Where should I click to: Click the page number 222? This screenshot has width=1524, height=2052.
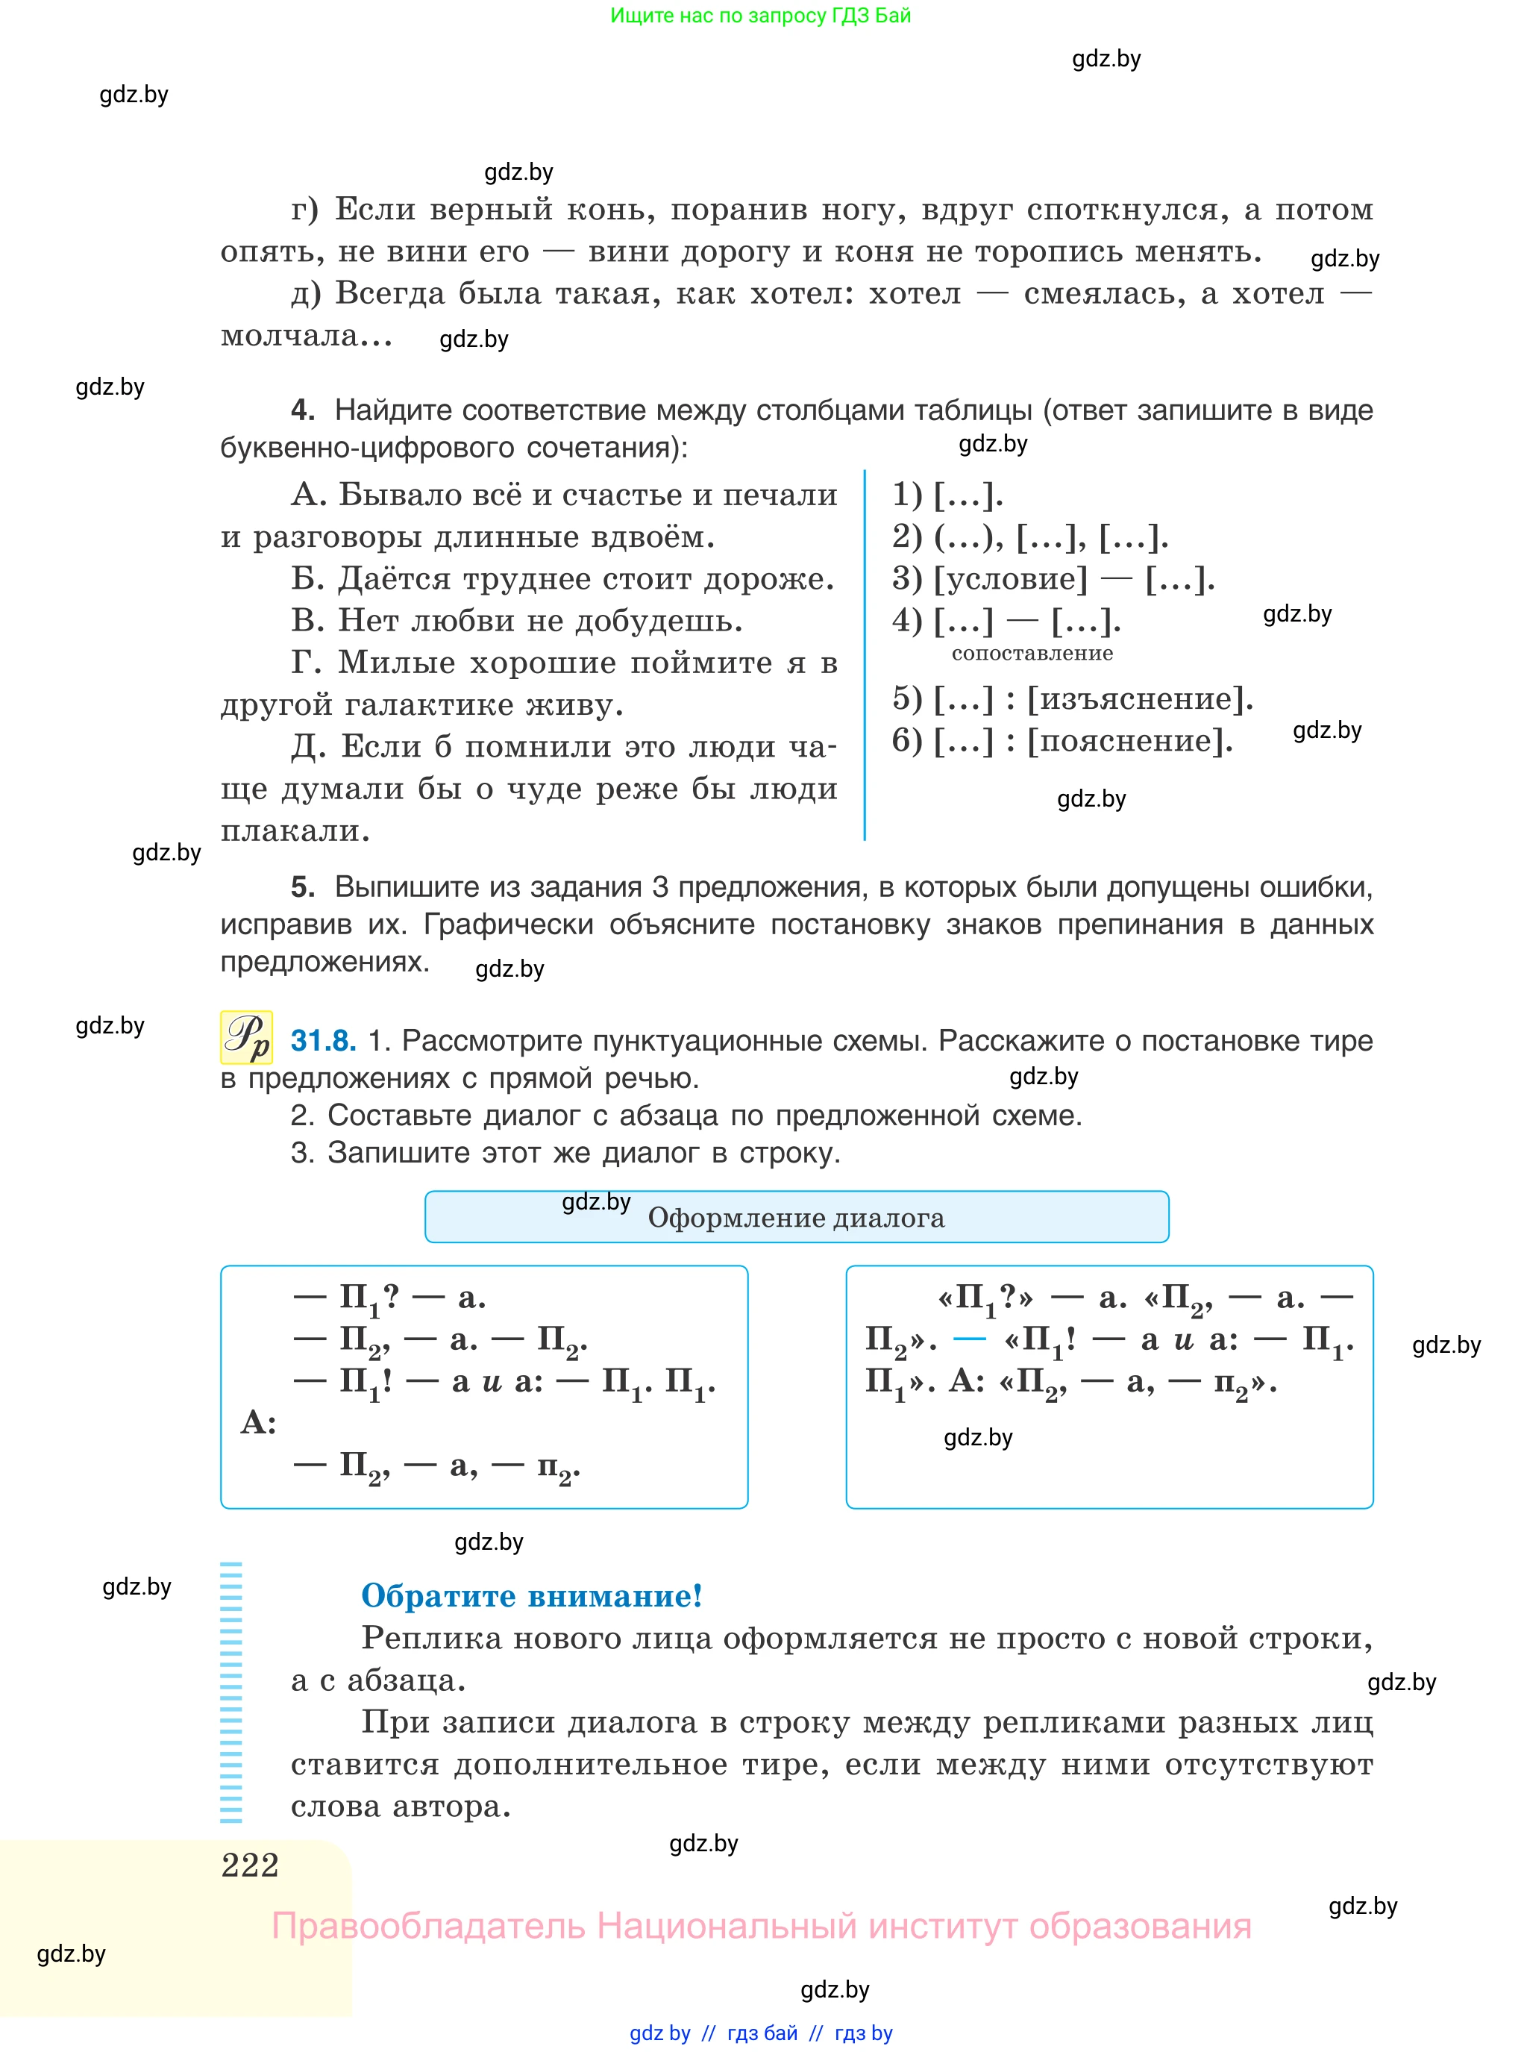coord(250,1865)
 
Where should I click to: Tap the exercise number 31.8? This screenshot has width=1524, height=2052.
coord(323,1041)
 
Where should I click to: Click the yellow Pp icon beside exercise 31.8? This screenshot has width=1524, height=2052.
coord(246,1038)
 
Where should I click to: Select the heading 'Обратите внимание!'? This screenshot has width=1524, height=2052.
coord(531,1595)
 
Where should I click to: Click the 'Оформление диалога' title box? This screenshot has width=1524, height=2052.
coord(796,1217)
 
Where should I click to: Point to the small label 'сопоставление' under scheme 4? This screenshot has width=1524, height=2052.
coord(1032,653)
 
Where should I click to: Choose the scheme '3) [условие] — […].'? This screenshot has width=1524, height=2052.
coord(1053,578)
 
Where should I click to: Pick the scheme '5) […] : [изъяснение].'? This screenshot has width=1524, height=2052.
coord(1072,698)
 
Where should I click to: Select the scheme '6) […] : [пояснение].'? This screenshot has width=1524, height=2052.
coord(1062,740)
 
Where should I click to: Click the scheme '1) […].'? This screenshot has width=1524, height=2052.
coord(947,495)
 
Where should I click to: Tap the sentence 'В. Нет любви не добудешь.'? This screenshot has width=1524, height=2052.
coord(517,620)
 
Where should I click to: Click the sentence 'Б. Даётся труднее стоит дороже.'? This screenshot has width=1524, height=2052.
coord(562,578)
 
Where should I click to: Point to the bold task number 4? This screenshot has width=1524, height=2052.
coord(303,410)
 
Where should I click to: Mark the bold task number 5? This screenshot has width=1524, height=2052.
coord(303,886)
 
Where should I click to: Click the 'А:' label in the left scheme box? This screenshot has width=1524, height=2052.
coord(258,1423)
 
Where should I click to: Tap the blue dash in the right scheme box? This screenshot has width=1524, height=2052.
coord(969,1339)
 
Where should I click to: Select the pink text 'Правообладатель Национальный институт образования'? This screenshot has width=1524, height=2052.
coord(761,1927)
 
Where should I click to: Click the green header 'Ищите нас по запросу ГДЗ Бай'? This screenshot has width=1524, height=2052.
coord(760,16)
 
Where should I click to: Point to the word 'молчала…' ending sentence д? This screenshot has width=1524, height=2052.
coord(307,336)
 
